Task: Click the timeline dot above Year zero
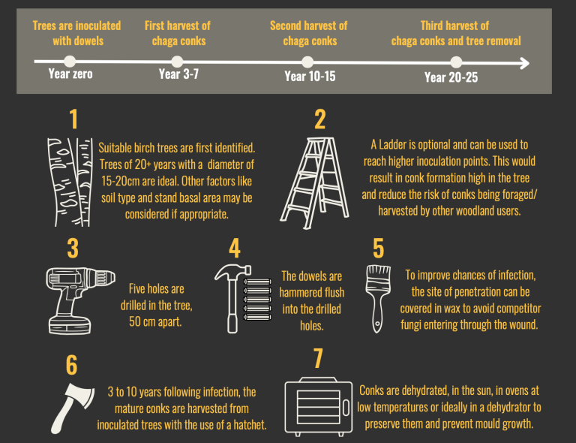tap(70, 62)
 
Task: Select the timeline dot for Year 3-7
tap(177, 62)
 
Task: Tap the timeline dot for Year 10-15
tap(307, 62)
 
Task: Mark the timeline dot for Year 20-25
tap(456, 62)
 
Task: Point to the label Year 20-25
tap(451, 77)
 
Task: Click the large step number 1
tap(73, 119)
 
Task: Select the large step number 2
tap(320, 119)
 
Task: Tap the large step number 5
tap(378, 248)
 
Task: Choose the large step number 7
tap(318, 358)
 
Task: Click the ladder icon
tap(314, 183)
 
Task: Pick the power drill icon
tap(80, 301)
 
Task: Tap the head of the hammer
tap(233, 272)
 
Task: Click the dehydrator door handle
tap(346, 408)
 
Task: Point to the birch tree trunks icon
tap(70, 182)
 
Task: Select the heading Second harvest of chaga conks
tap(309, 33)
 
